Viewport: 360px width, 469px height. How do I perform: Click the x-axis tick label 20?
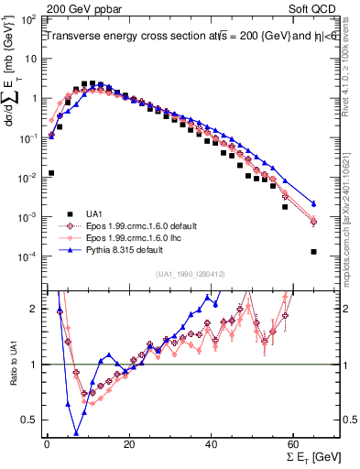click(x=129, y=444)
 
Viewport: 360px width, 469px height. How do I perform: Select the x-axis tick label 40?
click(x=212, y=444)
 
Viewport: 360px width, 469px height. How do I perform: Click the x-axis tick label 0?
click(x=47, y=444)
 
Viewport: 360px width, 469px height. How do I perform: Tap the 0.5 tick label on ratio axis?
click(x=32, y=420)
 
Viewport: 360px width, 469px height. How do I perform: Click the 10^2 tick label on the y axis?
click(x=29, y=18)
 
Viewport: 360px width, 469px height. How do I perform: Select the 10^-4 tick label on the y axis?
click(x=29, y=256)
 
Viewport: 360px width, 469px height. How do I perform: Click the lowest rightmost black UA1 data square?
click(x=313, y=251)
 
